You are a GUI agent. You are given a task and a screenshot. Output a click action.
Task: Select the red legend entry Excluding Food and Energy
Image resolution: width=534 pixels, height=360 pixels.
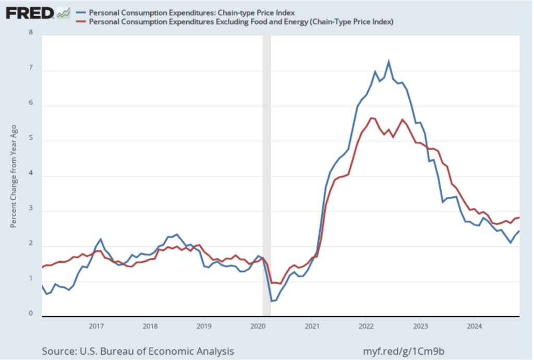[240, 22]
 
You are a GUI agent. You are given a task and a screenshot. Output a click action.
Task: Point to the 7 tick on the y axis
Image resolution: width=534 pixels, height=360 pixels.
[30, 68]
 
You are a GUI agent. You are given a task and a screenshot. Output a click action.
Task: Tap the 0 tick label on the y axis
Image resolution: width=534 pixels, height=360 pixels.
[30, 314]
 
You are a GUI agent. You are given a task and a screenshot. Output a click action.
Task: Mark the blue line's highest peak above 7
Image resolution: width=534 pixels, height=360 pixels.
[389, 62]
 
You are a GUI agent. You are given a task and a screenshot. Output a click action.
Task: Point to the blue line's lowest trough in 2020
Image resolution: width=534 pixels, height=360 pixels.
[271, 301]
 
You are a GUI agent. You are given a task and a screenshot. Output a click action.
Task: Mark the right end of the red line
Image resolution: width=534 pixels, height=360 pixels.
[519, 218]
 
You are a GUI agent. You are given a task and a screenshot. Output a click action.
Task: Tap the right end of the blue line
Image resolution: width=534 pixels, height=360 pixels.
[519, 231]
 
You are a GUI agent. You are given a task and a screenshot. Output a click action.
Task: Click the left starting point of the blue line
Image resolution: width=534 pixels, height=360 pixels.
[42, 285]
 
